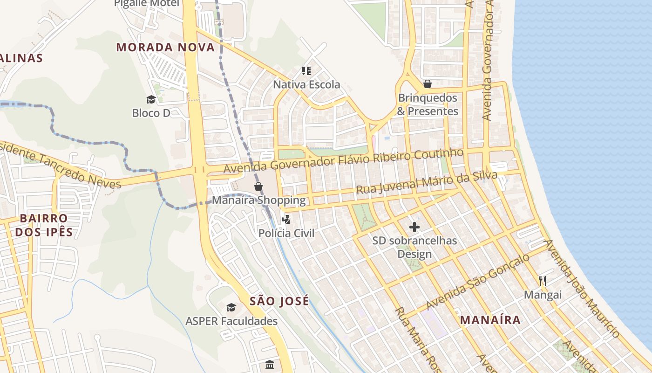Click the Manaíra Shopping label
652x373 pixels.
258,200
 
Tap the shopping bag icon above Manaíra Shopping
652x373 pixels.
258,186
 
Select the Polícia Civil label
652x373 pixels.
286,233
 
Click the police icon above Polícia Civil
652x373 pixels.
286,219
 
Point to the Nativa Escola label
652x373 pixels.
306,85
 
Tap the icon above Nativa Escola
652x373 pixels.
306,71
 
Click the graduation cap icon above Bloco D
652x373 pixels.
151,99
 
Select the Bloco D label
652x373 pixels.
151,113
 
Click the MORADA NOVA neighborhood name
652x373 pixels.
165,47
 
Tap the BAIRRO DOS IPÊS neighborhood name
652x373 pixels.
44,225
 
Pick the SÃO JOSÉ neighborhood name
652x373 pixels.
279,301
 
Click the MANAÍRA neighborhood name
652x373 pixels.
490,320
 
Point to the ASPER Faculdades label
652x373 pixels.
231,321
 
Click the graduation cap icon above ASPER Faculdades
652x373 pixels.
231,307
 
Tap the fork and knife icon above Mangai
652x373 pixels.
543,281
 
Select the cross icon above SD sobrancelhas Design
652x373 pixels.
414,227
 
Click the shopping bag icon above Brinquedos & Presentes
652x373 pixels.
428,84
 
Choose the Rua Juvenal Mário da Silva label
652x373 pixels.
427,183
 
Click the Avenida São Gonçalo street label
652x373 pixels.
477,282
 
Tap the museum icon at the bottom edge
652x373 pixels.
270,364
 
